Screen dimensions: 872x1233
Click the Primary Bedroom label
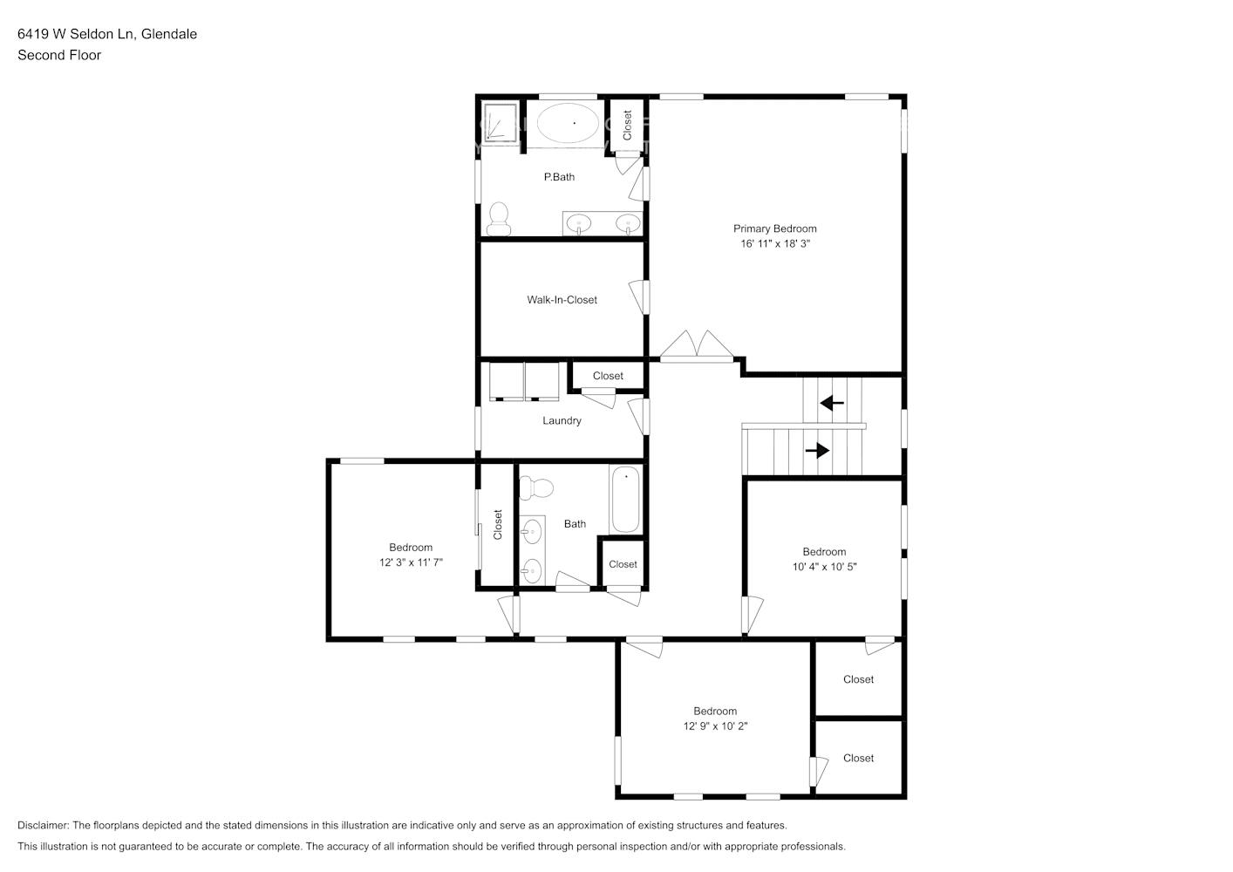[x=774, y=228]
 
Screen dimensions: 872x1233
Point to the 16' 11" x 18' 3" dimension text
[x=775, y=244]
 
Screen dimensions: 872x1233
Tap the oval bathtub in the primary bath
[x=568, y=124]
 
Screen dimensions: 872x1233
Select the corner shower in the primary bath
[x=500, y=122]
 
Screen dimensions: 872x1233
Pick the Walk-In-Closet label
[x=562, y=300]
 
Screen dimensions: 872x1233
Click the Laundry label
[x=562, y=420]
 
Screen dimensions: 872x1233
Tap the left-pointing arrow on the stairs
[x=832, y=404]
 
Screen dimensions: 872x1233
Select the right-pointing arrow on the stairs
[x=817, y=451]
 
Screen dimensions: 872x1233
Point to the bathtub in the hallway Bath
[x=625, y=501]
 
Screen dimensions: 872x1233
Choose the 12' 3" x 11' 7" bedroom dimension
[x=411, y=562]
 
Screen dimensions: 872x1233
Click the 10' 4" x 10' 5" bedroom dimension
[x=824, y=567]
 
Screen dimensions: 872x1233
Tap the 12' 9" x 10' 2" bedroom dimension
[x=715, y=726]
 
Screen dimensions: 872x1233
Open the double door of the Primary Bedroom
[x=697, y=347]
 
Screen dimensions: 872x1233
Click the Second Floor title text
[x=59, y=55]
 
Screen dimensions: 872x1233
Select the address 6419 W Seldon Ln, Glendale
[x=107, y=34]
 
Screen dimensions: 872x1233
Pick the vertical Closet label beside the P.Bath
[x=627, y=125]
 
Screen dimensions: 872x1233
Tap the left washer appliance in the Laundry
[x=506, y=381]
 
